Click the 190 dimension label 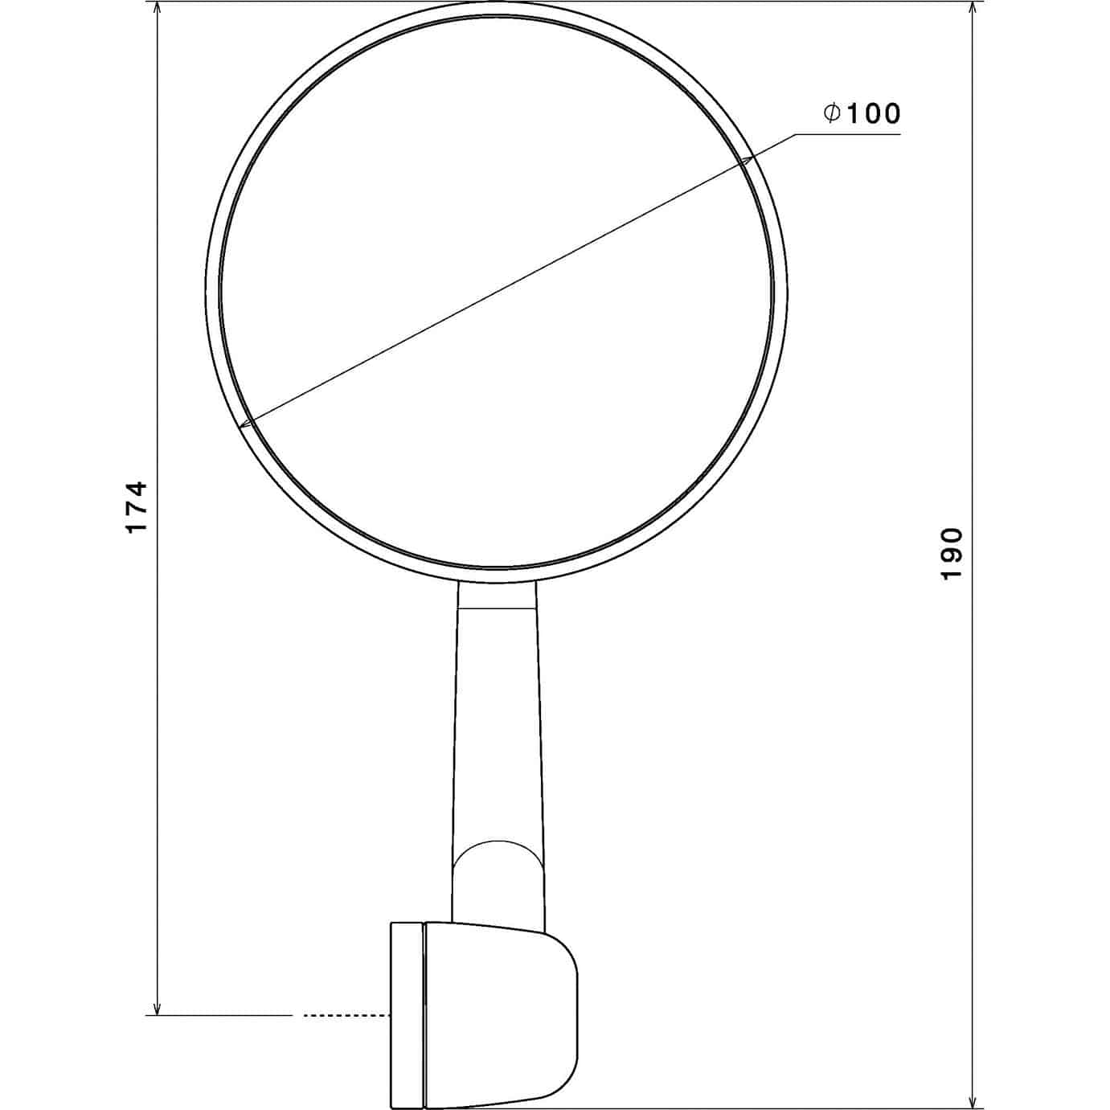click(951, 554)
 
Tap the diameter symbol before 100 click(832, 113)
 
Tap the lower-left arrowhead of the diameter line click(247, 424)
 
